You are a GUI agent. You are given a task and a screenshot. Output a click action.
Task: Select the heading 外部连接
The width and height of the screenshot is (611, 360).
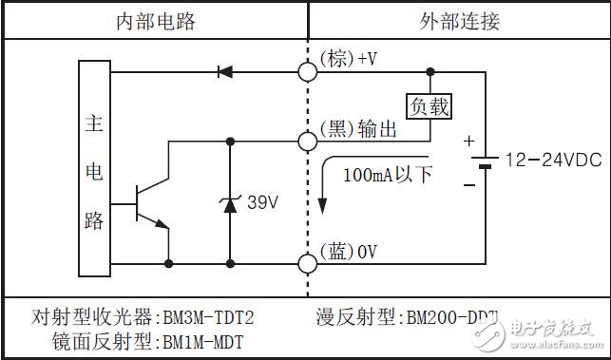point(460,21)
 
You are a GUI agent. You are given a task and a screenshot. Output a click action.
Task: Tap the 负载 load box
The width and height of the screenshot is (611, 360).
point(428,105)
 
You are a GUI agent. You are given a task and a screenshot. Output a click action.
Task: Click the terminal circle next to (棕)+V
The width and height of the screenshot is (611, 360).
point(308,70)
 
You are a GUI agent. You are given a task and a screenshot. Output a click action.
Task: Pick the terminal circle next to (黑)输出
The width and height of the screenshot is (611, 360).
point(308,142)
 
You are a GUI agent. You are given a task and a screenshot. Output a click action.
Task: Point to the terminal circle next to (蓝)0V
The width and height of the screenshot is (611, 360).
point(308,262)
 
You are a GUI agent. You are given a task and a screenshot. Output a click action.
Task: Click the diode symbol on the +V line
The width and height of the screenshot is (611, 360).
point(225,70)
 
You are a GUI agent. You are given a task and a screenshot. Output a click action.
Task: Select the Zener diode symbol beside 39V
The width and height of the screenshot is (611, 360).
point(229,202)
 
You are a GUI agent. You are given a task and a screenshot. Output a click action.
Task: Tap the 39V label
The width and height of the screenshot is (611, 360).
point(261,201)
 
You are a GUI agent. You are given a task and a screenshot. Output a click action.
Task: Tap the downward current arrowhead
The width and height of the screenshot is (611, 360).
point(323,209)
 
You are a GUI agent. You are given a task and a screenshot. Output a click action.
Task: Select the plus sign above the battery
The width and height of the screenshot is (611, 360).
point(468,142)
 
